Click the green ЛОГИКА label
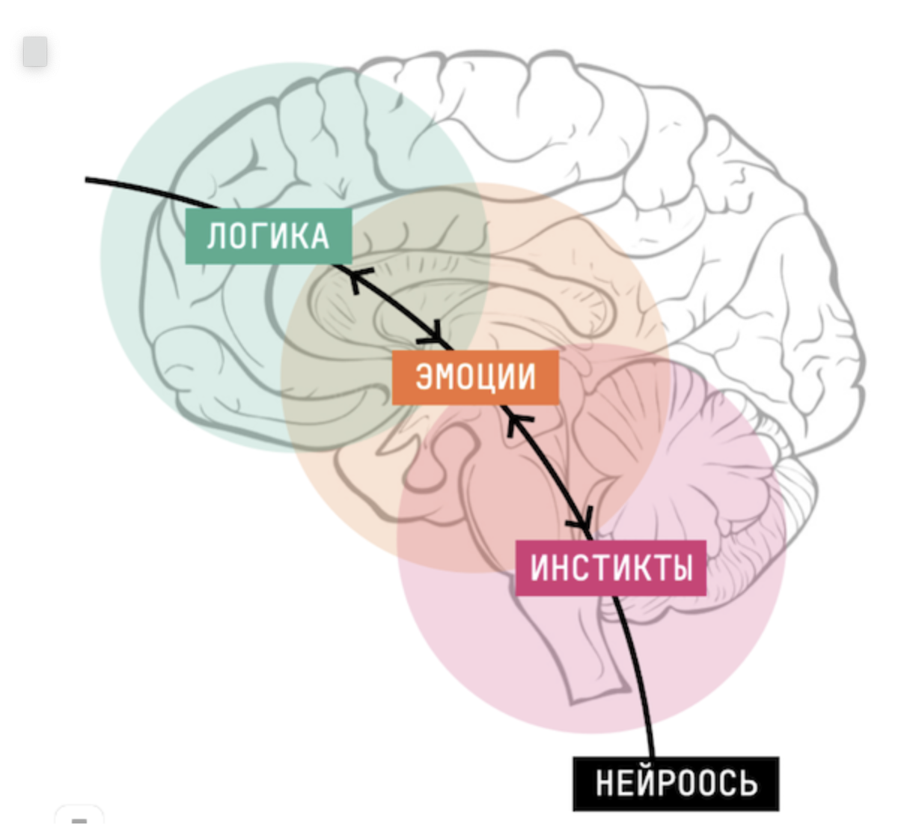pyautogui.click(x=268, y=236)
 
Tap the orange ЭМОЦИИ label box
pyautogui.click(x=475, y=377)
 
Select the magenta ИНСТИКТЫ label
pyautogui.click(x=611, y=567)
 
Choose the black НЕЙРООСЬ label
pyautogui.click(x=676, y=783)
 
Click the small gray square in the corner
pyautogui.click(x=35, y=52)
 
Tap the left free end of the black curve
pyautogui.click(x=88, y=180)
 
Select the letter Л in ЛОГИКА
pyautogui.click(x=216, y=237)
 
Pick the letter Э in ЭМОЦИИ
pyautogui.click(x=424, y=377)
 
